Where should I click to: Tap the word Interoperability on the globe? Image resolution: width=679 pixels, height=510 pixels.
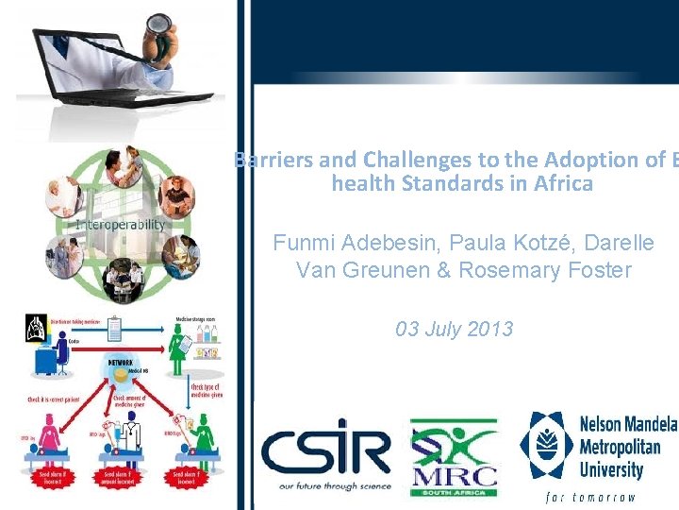tap(121, 225)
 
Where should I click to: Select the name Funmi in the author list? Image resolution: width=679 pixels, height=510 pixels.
tap(301, 243)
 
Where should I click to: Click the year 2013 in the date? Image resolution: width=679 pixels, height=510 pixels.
tap(489, 329)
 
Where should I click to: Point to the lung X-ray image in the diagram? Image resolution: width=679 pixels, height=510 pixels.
tap(36, 330)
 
